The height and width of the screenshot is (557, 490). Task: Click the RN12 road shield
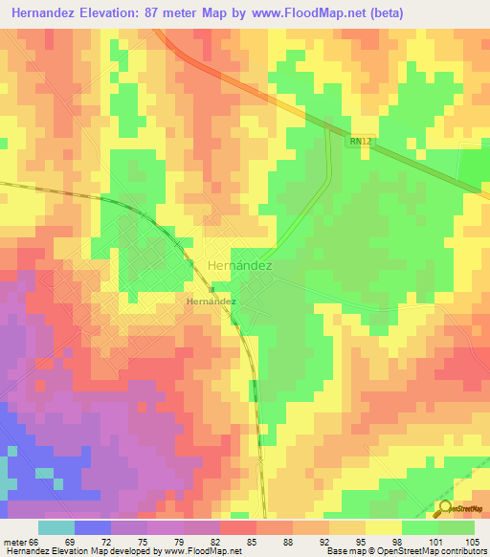click(x=360, y=141)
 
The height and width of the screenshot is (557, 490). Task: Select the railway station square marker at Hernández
click(x=211, y=287)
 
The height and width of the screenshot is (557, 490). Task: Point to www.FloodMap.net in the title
click(x=306, y=12)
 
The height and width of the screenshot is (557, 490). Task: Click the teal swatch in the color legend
click(x=56, y=527)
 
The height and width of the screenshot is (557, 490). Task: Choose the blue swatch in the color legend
click(x=93, y=527)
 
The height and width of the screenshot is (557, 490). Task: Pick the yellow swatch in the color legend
click(x=384, y=527)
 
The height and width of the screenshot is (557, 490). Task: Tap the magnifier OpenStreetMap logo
click(x=446, y=508)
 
